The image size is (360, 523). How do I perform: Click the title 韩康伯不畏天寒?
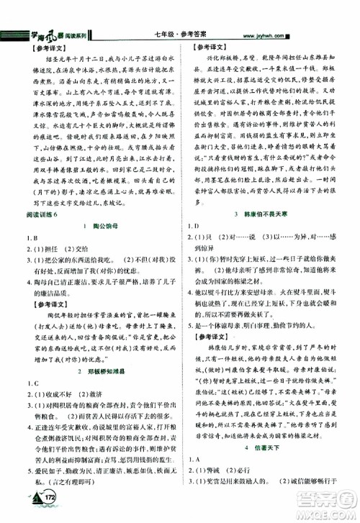[271, 215]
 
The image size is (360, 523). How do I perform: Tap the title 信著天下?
[271, 446]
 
